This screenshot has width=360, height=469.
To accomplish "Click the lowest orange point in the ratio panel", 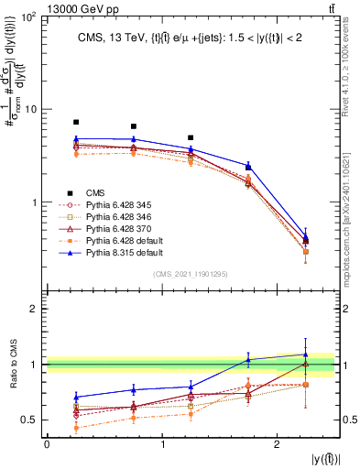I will point(76,428).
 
